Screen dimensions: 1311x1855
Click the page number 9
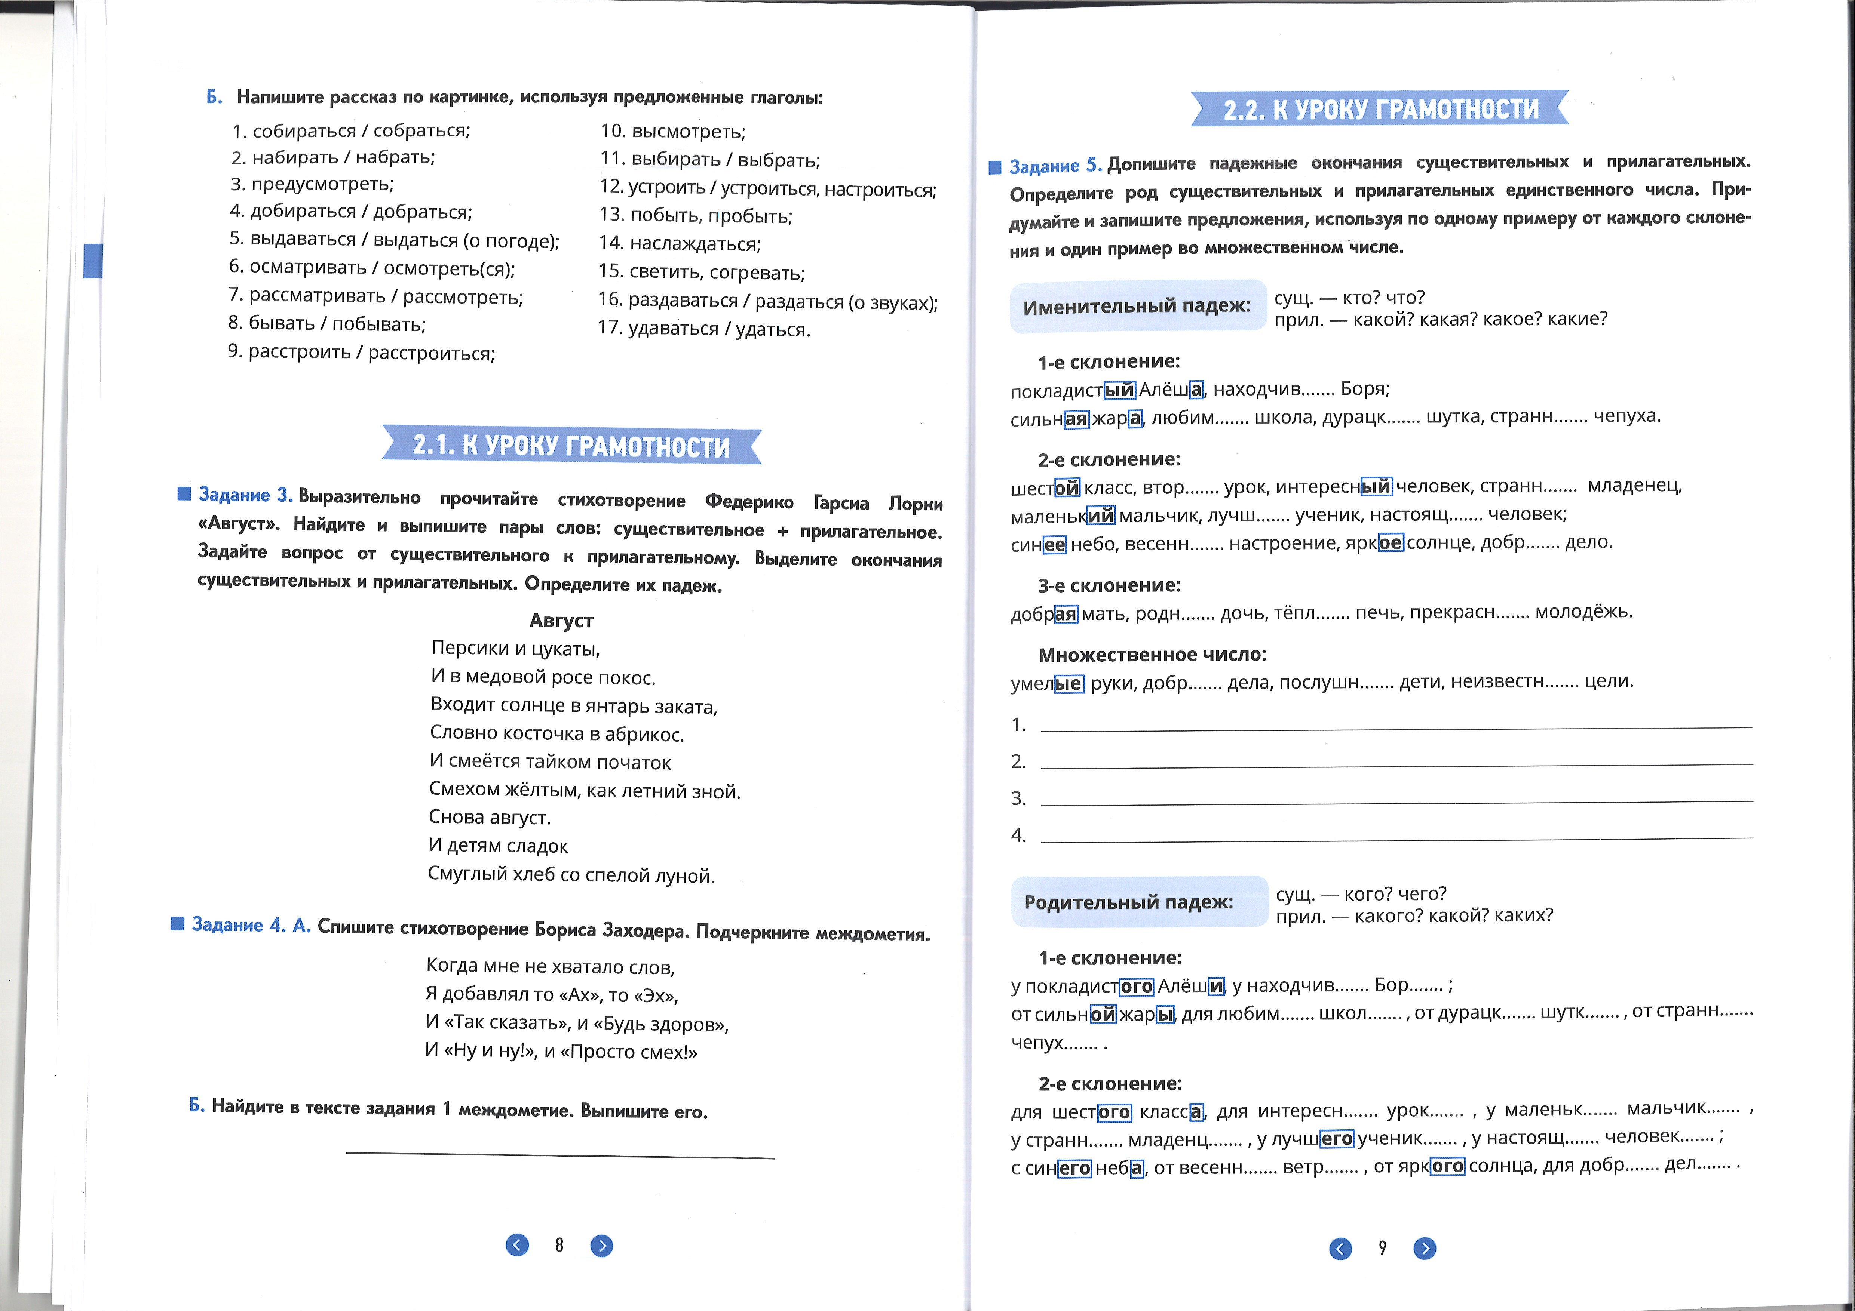click(x=1382, y=1248)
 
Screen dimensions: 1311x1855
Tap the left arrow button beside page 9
click(x=1340, y=1249)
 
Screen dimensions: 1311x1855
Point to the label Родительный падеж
click(x=1129, y=901)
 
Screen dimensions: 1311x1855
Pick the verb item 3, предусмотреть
click(x=312, y=184)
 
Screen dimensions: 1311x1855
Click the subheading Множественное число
click(x=1152, y=654)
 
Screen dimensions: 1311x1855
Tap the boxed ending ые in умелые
click(x=1068, y=683)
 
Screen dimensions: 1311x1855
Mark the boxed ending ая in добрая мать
click(x=1066, y=614)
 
